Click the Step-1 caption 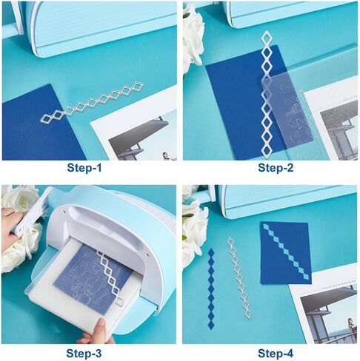coord(84,168)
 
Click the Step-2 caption coord(276,168)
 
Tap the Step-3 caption coord(84,354)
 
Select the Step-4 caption coord(276,354)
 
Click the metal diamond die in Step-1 coord(92,103)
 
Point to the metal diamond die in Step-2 coord(266,94)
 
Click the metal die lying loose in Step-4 coord(239,277)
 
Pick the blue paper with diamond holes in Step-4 coord(286,253)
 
